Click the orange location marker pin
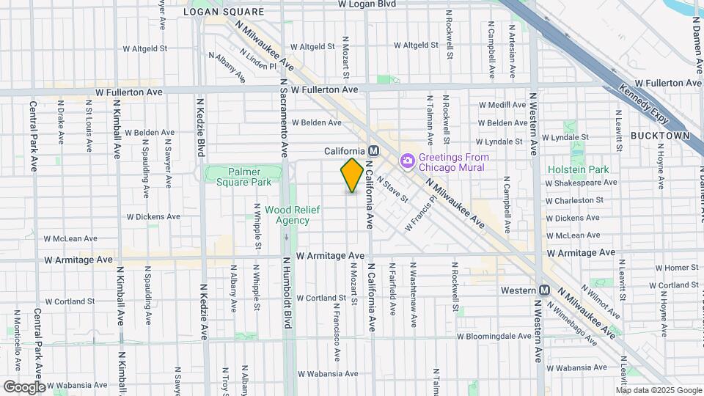(352, 175)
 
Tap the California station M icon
(373, 150)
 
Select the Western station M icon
(544, 290)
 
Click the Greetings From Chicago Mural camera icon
(407, 160)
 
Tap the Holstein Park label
(578, 169)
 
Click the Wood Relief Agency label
(287, 215)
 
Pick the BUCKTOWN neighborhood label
(660, 136)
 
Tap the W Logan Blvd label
(367, 4)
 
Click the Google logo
(24, 386)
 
